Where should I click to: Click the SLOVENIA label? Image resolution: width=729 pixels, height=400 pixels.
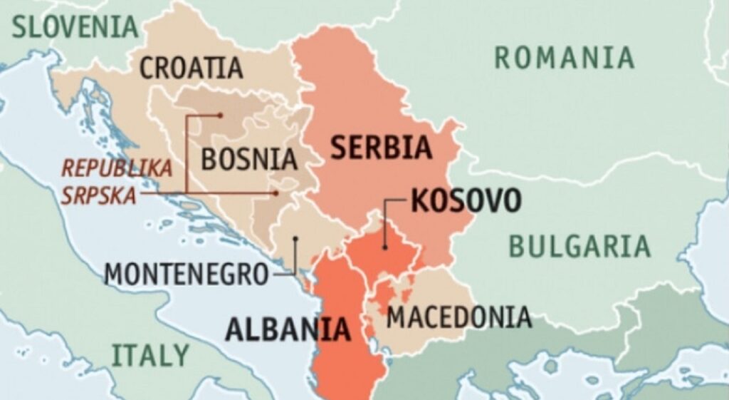pyautogui.click(x=74, y=27)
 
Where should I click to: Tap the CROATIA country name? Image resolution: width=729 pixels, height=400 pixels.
pyautogui.click(x=191, y=68)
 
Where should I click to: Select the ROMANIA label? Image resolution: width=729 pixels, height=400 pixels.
pyautogui.click(x=565, y=57)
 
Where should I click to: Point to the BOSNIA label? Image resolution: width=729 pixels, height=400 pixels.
pyautogui.click(x=248, y=158)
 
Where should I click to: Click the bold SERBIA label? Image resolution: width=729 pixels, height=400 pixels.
pyautogui.click(x=381, y=148)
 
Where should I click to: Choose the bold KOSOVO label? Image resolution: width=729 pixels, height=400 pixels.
pyautogui.click(x=466, y=201)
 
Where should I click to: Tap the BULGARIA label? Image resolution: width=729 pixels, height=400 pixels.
pyautogui.click(x=579, y=246)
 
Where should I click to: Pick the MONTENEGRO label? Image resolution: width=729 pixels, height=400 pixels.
pyautogui.click(x=187, y=274)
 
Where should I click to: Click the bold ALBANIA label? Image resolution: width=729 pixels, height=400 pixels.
pyautogui.click(x=288, y=329)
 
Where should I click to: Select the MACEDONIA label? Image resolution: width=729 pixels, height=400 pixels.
pyautogui.click(x=459, y=317)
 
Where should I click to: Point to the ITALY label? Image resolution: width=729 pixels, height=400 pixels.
pyautogui.click(x=150, y=354)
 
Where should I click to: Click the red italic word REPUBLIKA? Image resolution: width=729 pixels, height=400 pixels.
pyautogui.click(x=117, y=169)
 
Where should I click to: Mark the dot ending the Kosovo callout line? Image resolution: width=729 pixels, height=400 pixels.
pyautogui.click(x=384, y=248)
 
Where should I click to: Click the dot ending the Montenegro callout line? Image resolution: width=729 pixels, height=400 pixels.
pyautogui.click(x=295, y=239)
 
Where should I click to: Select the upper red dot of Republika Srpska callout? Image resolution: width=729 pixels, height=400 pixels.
pyautogui.click(x=221, y=115)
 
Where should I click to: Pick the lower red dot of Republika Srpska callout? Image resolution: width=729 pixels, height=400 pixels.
pyautogui.click(x=276, y=193)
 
